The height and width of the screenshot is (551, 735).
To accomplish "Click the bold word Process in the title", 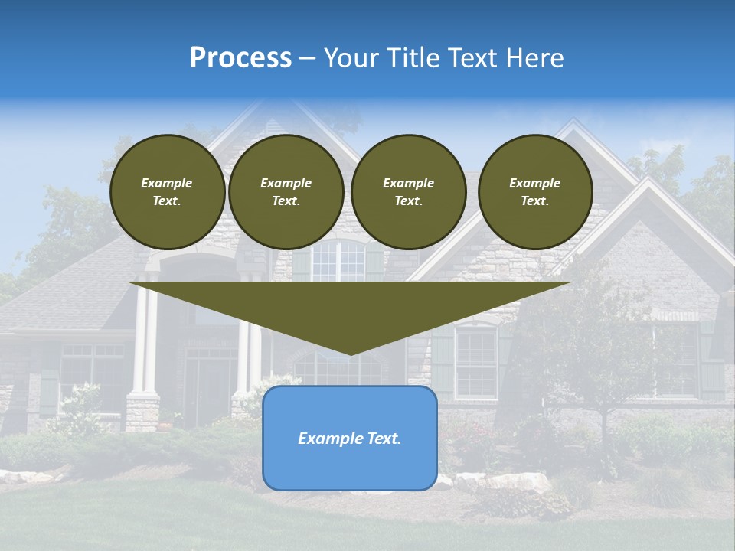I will click(240, 58).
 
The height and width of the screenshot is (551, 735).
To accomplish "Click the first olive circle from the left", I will click(167, 192).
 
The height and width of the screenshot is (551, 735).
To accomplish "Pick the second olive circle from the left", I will click(286, 192).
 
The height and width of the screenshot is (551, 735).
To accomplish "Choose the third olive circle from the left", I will click(408, 192).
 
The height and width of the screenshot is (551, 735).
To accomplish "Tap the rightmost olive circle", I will click(534, 192).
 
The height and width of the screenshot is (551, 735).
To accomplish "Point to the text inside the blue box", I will click(349, 439).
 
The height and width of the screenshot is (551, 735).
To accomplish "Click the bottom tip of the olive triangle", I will click(350, 353).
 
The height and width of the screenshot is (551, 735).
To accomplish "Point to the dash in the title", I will click(307, 59).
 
